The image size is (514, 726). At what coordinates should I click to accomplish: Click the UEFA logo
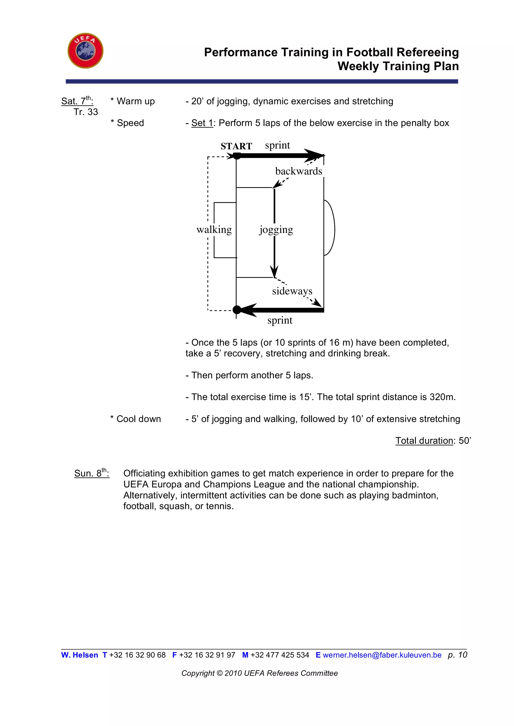coord(85,51)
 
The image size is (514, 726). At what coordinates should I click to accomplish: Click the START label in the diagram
coord(236,146)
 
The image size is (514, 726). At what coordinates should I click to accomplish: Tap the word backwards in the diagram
coord(298,171)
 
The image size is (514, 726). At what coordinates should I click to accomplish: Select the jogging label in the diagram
coord(276,230)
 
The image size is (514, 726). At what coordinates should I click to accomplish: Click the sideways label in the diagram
coord(292,291)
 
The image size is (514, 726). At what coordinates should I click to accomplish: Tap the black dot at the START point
coord(236,156)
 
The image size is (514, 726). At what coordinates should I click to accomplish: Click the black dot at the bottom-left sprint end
coord(237,310)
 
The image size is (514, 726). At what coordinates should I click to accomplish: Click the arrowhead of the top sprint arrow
coord(315,156)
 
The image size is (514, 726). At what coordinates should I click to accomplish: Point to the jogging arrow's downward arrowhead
coord(274,272)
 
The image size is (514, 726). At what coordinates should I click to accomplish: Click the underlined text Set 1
coord(202,123)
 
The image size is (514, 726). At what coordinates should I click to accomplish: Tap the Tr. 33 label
coord(86,112)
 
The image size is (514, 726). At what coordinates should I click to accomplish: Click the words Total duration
coord(424,440)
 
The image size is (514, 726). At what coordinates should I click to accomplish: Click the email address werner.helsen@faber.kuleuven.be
coord(382,655)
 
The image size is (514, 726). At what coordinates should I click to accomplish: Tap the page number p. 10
coord(457,655)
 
